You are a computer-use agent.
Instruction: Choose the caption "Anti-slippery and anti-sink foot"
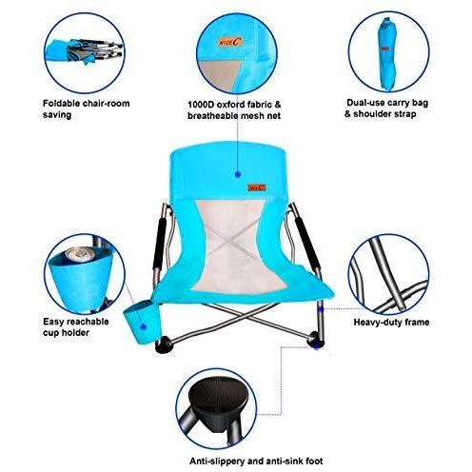235,461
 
